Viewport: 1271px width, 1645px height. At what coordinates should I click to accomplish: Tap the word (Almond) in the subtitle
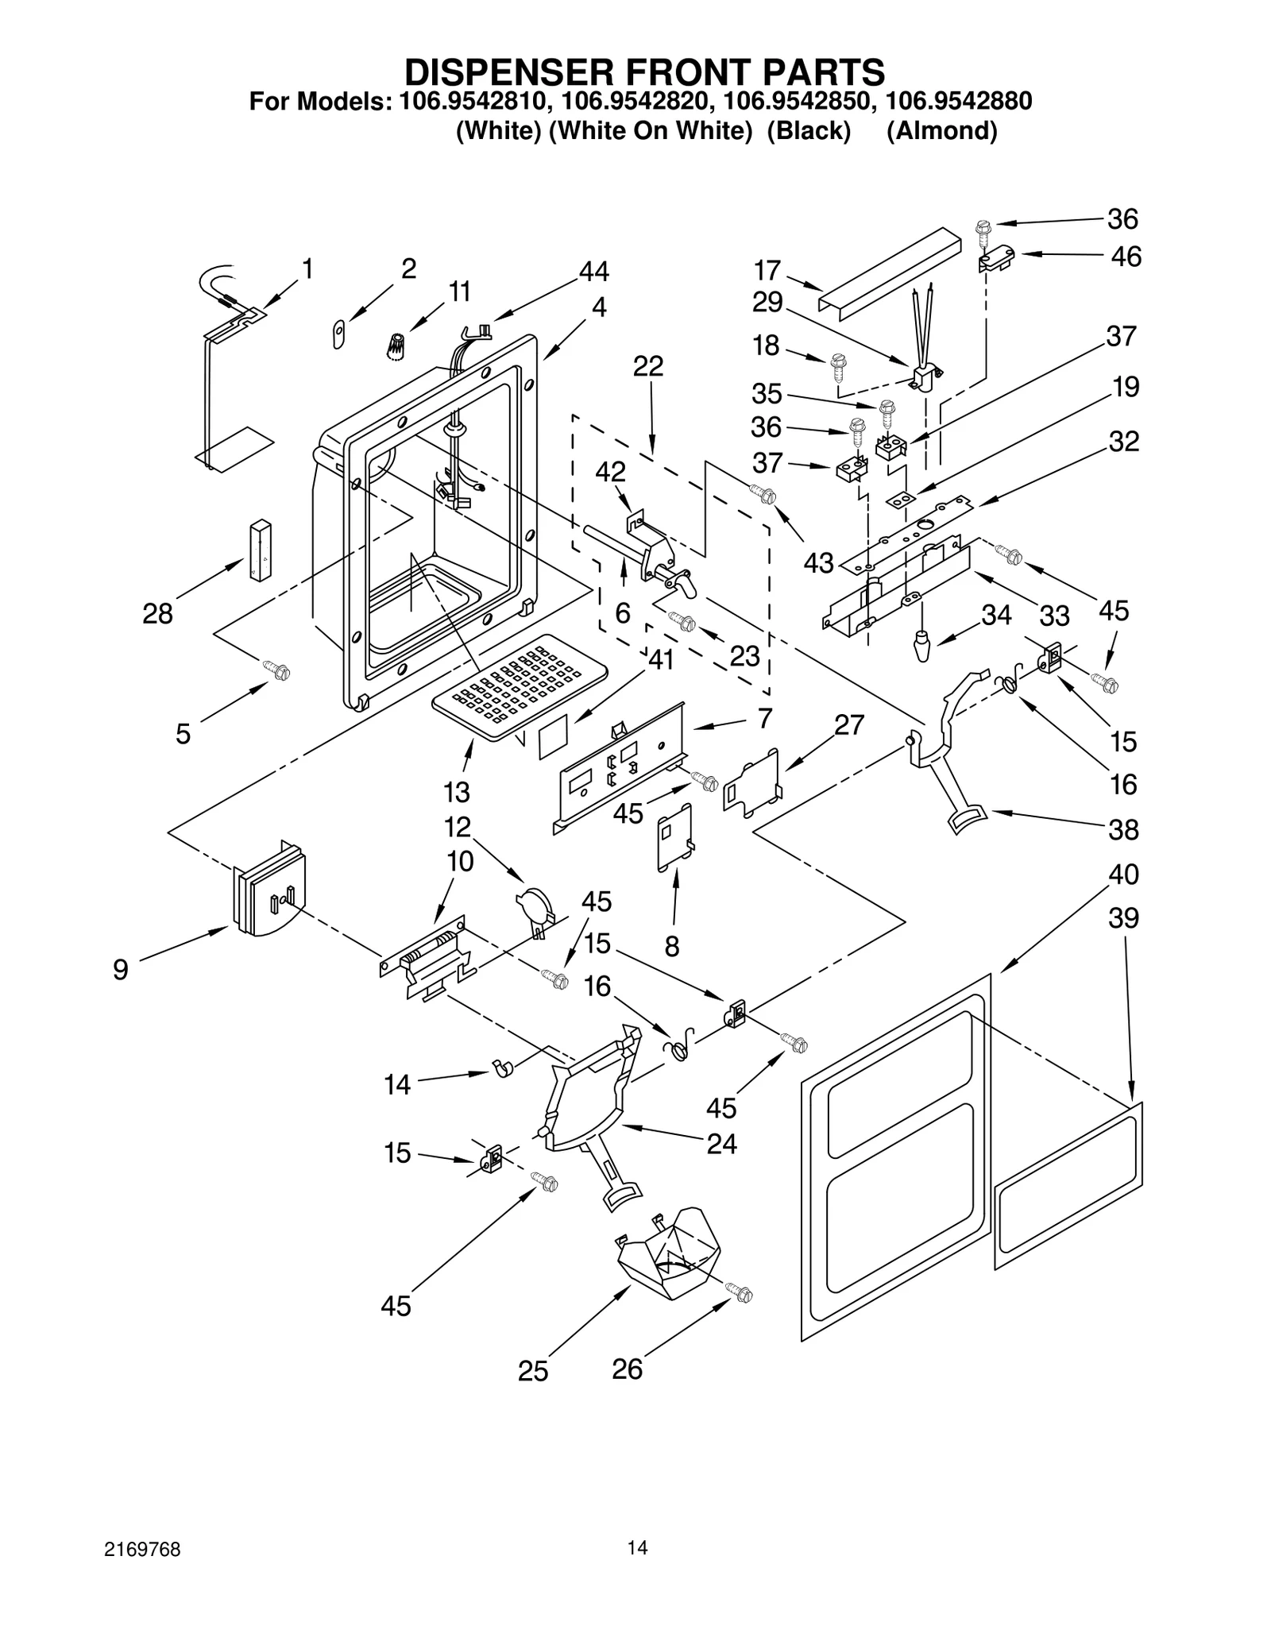click(x=941, y=130)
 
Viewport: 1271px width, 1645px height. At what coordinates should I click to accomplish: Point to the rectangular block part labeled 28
click(x=260, y=550)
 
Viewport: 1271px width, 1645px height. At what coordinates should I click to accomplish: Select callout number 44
click(x=593, y=272)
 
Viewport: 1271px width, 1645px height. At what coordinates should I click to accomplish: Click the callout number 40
click(x=1123, y=874)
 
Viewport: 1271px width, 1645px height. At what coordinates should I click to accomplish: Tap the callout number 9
click(x=120, y=969)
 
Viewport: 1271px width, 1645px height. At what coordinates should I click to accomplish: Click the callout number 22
click(x=648, y=366)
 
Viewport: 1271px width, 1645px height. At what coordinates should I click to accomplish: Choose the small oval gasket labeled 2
click(x=338, y=335)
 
